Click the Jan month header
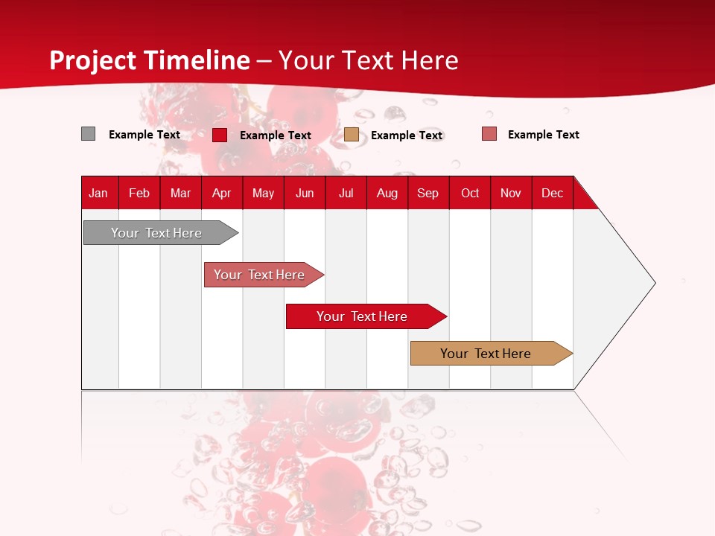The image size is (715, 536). click(98, 193)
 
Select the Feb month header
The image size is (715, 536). click(139, 193)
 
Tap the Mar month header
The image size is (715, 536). click(180, 193)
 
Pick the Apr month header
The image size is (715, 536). click(222, 193)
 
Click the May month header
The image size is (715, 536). click(263, 193)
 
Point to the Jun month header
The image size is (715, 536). click(305, 193)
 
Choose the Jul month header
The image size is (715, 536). click(346, 193)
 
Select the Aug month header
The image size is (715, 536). click(387, 193)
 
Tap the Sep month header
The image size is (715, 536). click(428, 193)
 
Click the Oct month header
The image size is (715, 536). click(470, 193)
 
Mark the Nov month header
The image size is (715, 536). click(511, 193)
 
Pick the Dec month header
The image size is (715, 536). click(552, 193)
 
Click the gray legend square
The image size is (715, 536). click(88, 134)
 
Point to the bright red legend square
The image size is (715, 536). click(220, 135)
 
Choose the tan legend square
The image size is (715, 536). click(352, 135)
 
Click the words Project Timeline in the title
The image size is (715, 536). click(150, 60)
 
